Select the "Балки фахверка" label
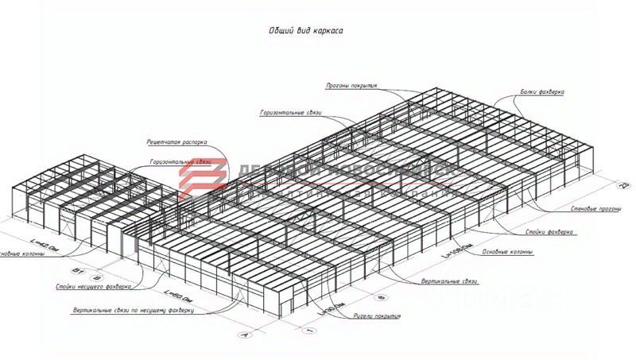[543, 91]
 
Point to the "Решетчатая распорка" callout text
[176, 142]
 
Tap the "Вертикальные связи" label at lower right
[449, 281]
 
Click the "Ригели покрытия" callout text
[377, 316]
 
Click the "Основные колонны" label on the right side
[507, 253]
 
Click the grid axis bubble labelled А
[244, 336]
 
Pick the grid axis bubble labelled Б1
[77, 271]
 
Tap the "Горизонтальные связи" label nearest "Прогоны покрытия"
[290, 113]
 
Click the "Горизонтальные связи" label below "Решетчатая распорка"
[179, 161]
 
